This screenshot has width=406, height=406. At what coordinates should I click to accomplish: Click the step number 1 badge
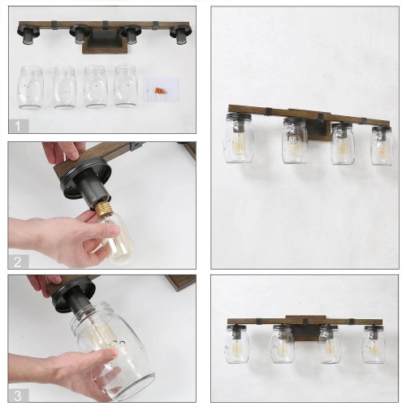17,125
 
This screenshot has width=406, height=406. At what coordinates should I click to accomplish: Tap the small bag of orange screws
160,90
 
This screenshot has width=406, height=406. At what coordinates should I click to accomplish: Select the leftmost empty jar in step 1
31,86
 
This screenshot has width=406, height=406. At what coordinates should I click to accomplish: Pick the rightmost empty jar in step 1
126,85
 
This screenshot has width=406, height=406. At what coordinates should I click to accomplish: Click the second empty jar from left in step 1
64,86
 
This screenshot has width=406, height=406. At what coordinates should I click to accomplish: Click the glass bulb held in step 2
117,240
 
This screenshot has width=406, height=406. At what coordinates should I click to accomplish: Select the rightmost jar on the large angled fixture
381,145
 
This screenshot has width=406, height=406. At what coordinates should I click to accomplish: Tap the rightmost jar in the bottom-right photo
374,345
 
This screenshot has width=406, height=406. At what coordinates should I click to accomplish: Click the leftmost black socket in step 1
27,34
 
